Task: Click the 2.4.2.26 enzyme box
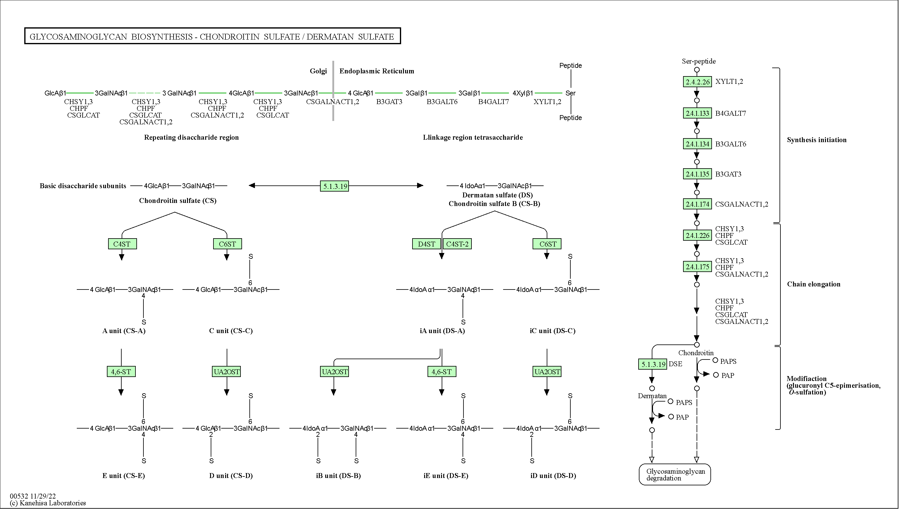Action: [x=697, y=82]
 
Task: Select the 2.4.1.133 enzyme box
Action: [x=697, y=113]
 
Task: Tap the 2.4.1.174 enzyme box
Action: [x=697, y=204]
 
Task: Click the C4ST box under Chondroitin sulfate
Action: [x=122, y=244]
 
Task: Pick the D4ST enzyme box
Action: [x=427, y=244]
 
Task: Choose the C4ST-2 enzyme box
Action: [x=457, y=244]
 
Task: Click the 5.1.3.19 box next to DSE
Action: [x=652, y=364]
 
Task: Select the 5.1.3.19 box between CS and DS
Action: [x=335, y=186]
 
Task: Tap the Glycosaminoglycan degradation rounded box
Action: [x=675, y=474]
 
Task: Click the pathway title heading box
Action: [x=212, y=36]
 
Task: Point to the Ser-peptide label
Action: [x=699, y=61]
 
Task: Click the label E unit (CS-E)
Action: [x=123, y=476]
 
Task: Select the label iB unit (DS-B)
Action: [x=338, y=476]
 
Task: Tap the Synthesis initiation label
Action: [x=816, y=140]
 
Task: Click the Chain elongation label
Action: [x=813, y=284]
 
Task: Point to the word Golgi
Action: [x=318, y=71]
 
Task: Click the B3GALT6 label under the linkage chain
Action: [x=442, y=102]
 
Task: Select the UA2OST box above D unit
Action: [x=227, y=371]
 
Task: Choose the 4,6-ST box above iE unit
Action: [x=442, y=371]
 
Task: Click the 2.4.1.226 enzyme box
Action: [x=697, y=236]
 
